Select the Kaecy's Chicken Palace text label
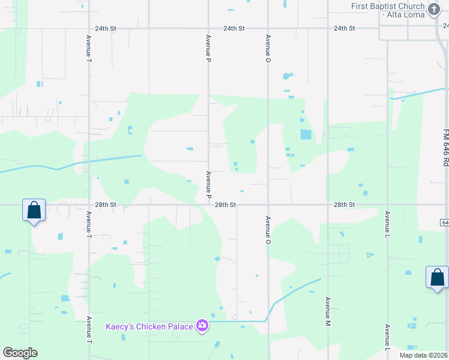tap(149, 326)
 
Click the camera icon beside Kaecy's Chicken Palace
tap(203, 326)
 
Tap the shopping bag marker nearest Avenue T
tap(34, 211)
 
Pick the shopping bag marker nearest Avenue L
tap(437, 277)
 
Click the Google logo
tap(20, 353)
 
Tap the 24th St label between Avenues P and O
tap(234, 28)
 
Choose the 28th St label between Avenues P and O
tap(226, 205)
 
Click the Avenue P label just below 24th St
tap(208, 49)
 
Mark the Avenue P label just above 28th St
tap(208, 185)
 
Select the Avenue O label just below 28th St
tap(268, 230)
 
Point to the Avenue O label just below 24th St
tap(268, 49)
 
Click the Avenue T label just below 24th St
tap(89, 49)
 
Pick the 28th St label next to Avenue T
tap(106, 205)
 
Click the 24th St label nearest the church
tap(345, 28)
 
